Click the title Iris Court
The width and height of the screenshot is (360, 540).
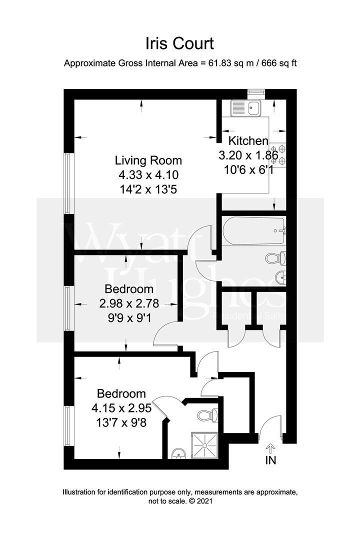point(179,43)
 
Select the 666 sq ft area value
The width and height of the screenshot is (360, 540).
point(278,63)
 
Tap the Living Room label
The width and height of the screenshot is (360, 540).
point(148,160)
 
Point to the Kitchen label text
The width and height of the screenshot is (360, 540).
point(248,141)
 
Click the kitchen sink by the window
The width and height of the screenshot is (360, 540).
point(245,107)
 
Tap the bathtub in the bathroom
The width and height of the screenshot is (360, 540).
point(253,230)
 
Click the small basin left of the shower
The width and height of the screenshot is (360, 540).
point(177,453)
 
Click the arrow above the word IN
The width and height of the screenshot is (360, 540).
point(270,447)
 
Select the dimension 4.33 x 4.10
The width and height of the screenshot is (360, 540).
point(148,175)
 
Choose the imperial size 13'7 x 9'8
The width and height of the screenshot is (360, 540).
point(121,422)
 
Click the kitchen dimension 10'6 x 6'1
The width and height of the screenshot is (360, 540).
point(248,169)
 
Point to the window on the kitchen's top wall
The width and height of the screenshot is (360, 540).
point(255,92)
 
